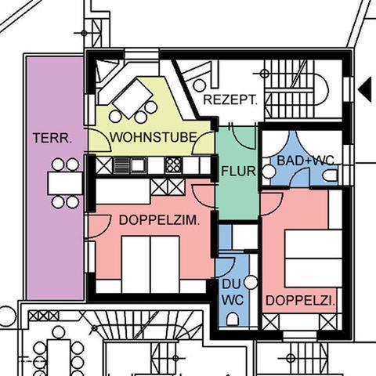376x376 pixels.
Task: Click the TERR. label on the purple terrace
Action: coord(52,138)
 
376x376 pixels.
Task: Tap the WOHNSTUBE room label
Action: coord(154,137)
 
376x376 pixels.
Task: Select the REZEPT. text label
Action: coord(230,99)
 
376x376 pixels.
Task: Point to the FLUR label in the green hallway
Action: coord(238,171)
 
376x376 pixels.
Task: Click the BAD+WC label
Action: coord(305,161)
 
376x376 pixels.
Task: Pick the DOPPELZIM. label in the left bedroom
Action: coord(159,220)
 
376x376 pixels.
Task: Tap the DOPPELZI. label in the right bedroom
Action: coord(300,301)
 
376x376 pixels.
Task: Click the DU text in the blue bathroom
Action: coord(231,284)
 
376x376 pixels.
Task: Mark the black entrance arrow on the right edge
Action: coord(365,89)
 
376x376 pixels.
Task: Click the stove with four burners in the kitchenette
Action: coord(173,165)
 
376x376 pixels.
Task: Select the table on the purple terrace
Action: coord(65,183)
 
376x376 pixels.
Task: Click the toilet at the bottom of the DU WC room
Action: coord(233,319)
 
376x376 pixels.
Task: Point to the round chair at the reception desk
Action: coord(200,85)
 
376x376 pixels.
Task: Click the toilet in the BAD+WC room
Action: coord(330,175)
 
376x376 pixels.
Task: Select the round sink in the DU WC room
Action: coord(251,283)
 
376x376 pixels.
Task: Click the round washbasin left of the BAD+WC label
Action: coord(269,172)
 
